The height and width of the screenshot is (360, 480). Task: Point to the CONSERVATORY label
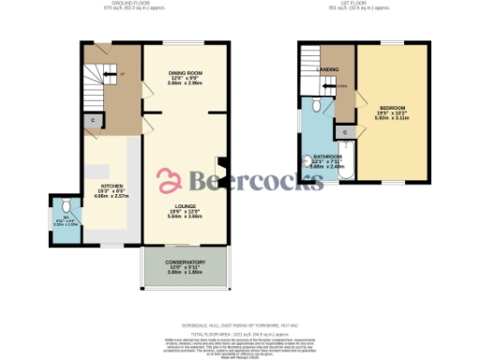click(x=185, y=262)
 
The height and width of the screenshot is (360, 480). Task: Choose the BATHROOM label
click(x=327, y=156)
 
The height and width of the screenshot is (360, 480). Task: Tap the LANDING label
click(x=328, y=69)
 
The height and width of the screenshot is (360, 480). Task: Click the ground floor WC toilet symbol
click(x=65, y=206)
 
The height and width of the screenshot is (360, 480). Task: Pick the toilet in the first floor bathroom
click(x=320, y=106)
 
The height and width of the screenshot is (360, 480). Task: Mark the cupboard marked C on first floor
click(x=346, y=133)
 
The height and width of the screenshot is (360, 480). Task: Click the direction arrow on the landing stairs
click(x=343, y=89)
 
